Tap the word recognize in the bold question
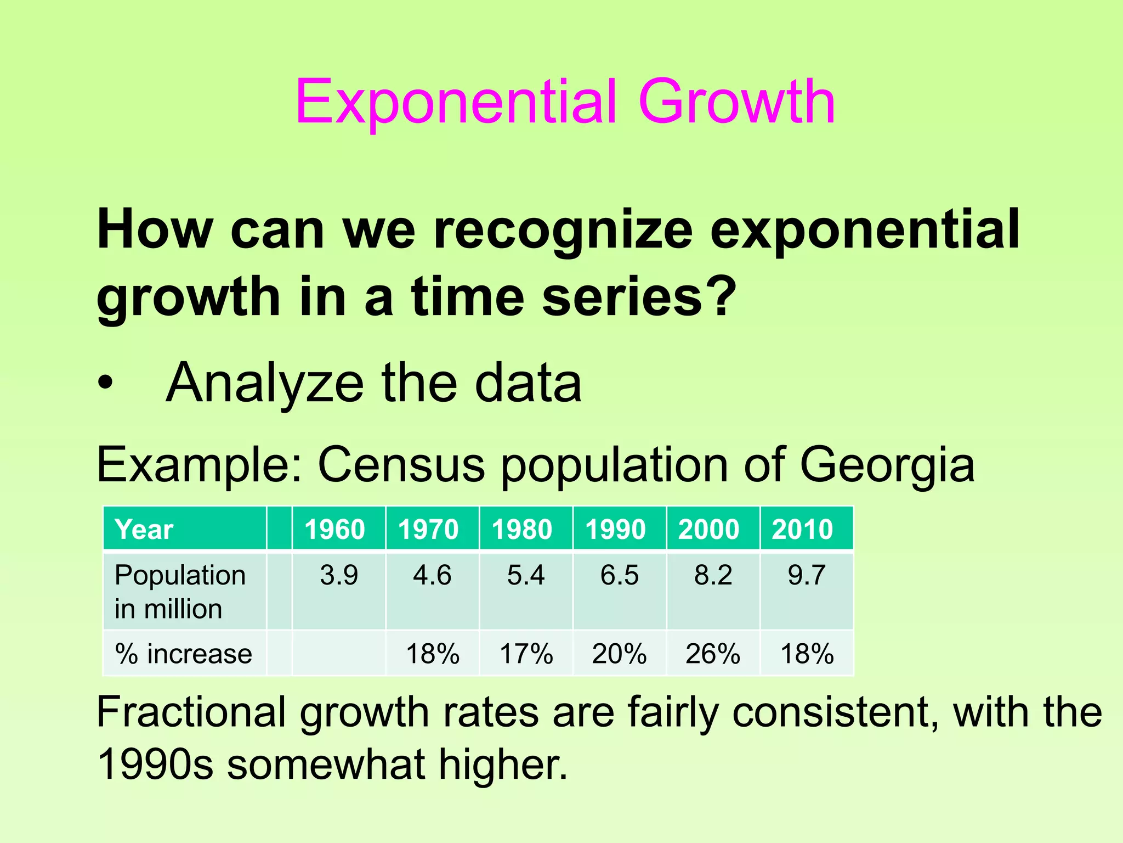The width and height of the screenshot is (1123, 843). [563, 231]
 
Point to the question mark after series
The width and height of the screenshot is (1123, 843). [719, 297]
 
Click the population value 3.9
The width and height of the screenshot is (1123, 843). [339, 575]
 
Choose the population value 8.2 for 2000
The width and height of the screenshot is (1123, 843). [713, 575]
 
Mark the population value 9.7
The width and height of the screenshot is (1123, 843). [806, 575]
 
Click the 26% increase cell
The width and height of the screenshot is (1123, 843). [712, 654]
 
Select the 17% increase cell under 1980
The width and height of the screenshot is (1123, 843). [526, 654]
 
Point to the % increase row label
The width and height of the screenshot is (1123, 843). [183, 654]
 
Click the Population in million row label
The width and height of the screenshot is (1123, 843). [179, 592]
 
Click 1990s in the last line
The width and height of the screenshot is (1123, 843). [155, 765]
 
